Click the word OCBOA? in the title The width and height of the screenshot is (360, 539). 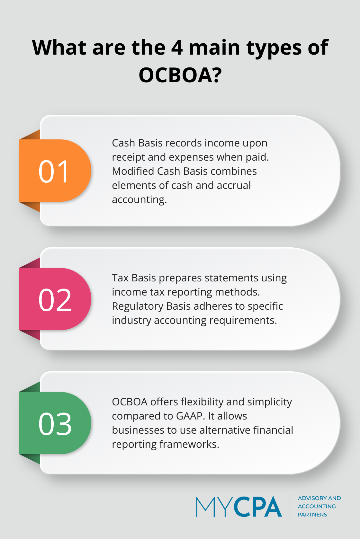click(180, 75)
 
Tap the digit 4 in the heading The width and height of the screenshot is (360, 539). click(177, 48)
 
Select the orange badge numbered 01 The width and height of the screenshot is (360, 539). click(55, 171)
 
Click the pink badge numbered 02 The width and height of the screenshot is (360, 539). click(55, 299)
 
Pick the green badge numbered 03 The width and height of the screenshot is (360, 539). click(55, 423)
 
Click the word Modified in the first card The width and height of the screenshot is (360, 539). click(133, 171)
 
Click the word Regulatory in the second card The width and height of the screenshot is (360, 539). click(138, 306)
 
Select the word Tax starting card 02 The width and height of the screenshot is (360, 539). click(120, 278)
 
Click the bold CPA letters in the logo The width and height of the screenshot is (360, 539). click(258, 507)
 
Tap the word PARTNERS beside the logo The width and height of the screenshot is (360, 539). click(312, 515)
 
